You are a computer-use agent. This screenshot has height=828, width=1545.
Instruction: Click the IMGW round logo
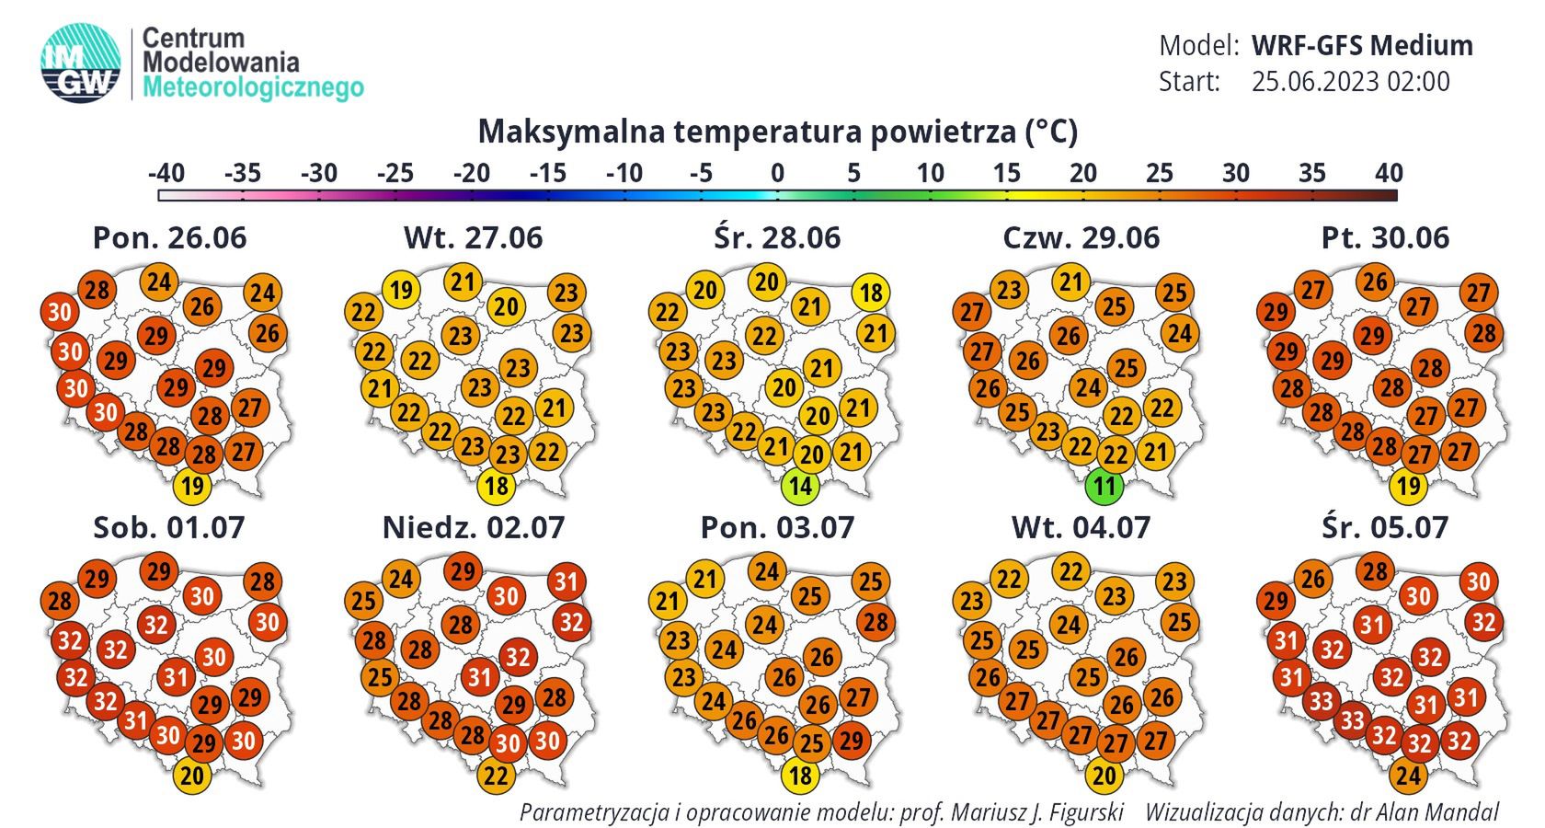81,62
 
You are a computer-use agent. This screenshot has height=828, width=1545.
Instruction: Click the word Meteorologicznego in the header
254,88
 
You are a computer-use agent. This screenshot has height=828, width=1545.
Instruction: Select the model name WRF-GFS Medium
1362,45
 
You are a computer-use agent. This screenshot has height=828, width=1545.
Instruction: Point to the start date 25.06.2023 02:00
1350,82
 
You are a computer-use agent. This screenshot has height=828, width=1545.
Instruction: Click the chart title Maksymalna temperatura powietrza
777,132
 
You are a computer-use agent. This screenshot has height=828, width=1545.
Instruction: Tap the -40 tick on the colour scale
166,173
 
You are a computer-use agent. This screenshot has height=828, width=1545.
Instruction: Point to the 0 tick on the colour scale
777,173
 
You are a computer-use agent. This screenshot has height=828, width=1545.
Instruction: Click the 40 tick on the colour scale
1389,173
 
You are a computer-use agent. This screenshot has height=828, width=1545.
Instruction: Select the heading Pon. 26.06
170,237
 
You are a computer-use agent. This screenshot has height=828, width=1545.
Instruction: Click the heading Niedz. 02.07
474,527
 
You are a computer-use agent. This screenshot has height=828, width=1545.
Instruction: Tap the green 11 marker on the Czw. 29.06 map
1104,486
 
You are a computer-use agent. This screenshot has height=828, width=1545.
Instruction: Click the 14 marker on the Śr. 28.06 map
800,486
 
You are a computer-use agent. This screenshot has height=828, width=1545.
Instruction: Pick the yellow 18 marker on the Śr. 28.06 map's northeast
871,293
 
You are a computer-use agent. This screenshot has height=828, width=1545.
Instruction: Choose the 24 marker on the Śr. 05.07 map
1408,776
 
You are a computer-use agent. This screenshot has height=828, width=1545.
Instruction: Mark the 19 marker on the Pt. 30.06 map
1408,486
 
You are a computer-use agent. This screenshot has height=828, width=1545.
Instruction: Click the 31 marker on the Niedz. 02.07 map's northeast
566,581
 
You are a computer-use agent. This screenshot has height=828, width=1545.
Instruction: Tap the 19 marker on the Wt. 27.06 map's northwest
401,291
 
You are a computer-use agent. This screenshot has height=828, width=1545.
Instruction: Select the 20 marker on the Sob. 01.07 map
191,776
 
